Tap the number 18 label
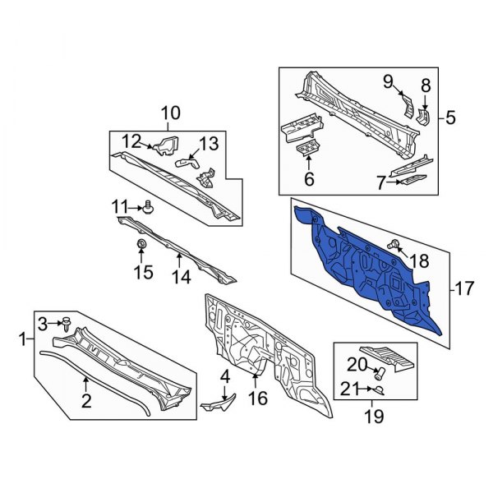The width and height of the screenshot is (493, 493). pyautogui.click(x=418, y=261)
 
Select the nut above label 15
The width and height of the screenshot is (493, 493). pyautogui.click(x=141, y=245)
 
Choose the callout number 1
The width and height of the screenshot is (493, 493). pyautogui.click(x=21, y=337)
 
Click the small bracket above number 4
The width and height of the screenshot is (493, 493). pyautogui.click(x=224, y=403)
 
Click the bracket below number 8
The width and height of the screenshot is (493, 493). pyautogui.click(x=424, y=117)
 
